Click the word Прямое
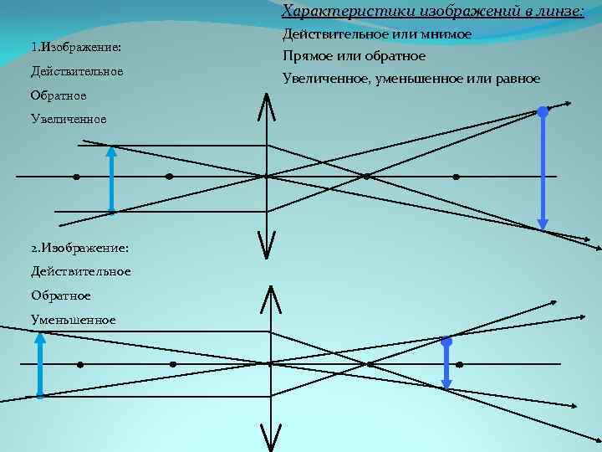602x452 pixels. pos(309,56)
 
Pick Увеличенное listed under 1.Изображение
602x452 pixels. pos(69,119)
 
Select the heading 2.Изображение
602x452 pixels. pos(79,249)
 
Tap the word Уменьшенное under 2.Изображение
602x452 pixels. pos(73,320)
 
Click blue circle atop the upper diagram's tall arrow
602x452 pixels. pos(543,110)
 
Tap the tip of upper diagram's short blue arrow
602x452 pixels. pos(111,152)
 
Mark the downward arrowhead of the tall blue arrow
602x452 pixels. pos(543,223)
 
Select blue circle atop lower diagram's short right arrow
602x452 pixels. pos(446,342)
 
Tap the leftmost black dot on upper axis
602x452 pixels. pos(76,177)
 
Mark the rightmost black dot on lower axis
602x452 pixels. pos(459,365)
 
